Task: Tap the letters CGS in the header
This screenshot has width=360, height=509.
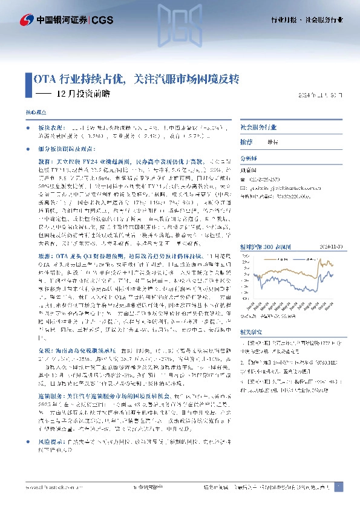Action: [x=103, y=20]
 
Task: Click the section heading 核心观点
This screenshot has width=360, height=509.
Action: [x=35, y=113]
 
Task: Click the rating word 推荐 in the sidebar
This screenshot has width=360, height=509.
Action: [x=246, y=142]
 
